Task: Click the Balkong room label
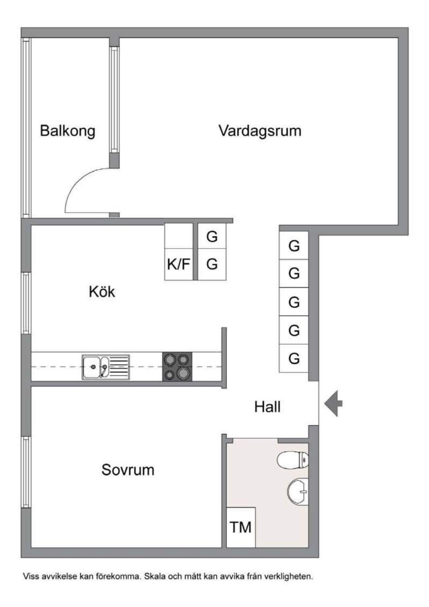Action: coord(67,131)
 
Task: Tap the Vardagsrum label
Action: coord(260,131)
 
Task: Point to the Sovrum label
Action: coord(128,470)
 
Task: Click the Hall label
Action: coord(267,407)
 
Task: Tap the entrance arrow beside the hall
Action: coord(333,403)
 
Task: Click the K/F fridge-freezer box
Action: coord(179,264)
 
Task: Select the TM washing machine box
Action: coord(241,527)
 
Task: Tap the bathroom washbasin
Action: coord(298,491)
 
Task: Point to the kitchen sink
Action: coord(106,367)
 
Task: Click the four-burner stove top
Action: coord(177,367)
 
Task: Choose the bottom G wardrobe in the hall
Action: coord(294,358)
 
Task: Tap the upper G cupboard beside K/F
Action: coord(212,236)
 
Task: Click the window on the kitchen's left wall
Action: coord(27,303)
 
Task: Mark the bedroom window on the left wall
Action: coord(27,472)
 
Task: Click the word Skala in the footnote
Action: coord(155,577)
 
